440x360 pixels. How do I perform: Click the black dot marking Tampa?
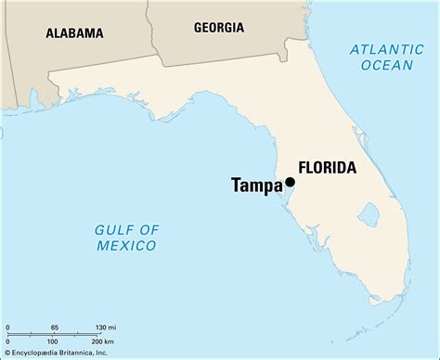[291, 183]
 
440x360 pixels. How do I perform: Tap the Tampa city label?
[257, 186]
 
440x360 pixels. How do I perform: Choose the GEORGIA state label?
[219, 28]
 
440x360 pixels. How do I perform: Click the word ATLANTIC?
[383, 49]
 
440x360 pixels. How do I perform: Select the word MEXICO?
[125, 245]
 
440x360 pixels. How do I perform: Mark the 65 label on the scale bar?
[54, 328]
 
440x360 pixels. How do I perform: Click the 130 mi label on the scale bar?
[105, 328]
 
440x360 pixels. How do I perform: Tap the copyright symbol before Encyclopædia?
[7, 354]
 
